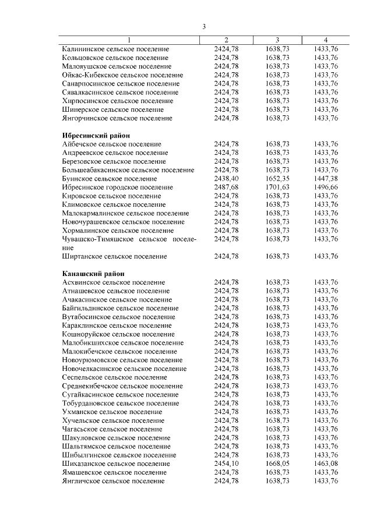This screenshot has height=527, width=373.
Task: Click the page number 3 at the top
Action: pyautogui.click(x=205, y=26)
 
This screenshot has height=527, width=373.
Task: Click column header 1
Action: pyautogui.click(x=129, y=40)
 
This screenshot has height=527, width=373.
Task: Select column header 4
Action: pyautogui.click(x=326, y=40)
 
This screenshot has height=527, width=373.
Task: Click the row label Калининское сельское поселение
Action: pyautogui.click(x=115, y=49)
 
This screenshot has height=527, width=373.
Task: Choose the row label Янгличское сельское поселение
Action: pyautogui.click(x=113, y=481)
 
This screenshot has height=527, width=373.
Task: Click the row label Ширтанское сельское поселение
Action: pyautogui.click(x=115, y=256)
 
